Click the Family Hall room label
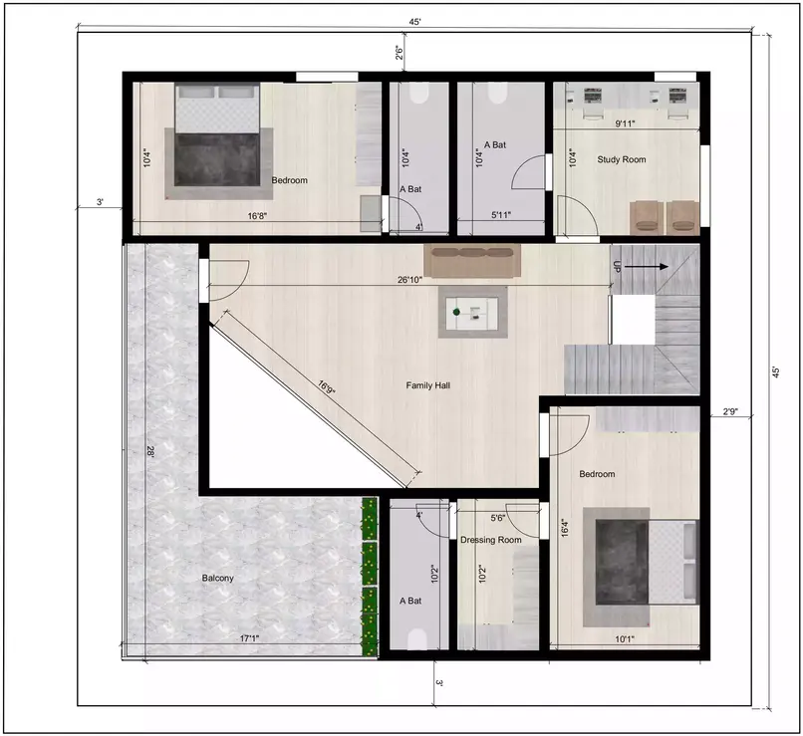tap(428, 384)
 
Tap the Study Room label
tap(621, 159)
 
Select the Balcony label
tap(218, 578)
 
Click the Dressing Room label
tap(491, 540)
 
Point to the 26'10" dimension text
tap(409, 280)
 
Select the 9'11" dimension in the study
tap(626, 123)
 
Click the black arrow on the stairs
tap(649, 267)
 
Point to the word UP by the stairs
tap(618, 267)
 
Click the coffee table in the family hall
tap(472, 312)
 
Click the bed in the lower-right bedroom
tap(643, 560)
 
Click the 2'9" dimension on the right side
tap(729, 410)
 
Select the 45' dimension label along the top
tap(411, 22)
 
